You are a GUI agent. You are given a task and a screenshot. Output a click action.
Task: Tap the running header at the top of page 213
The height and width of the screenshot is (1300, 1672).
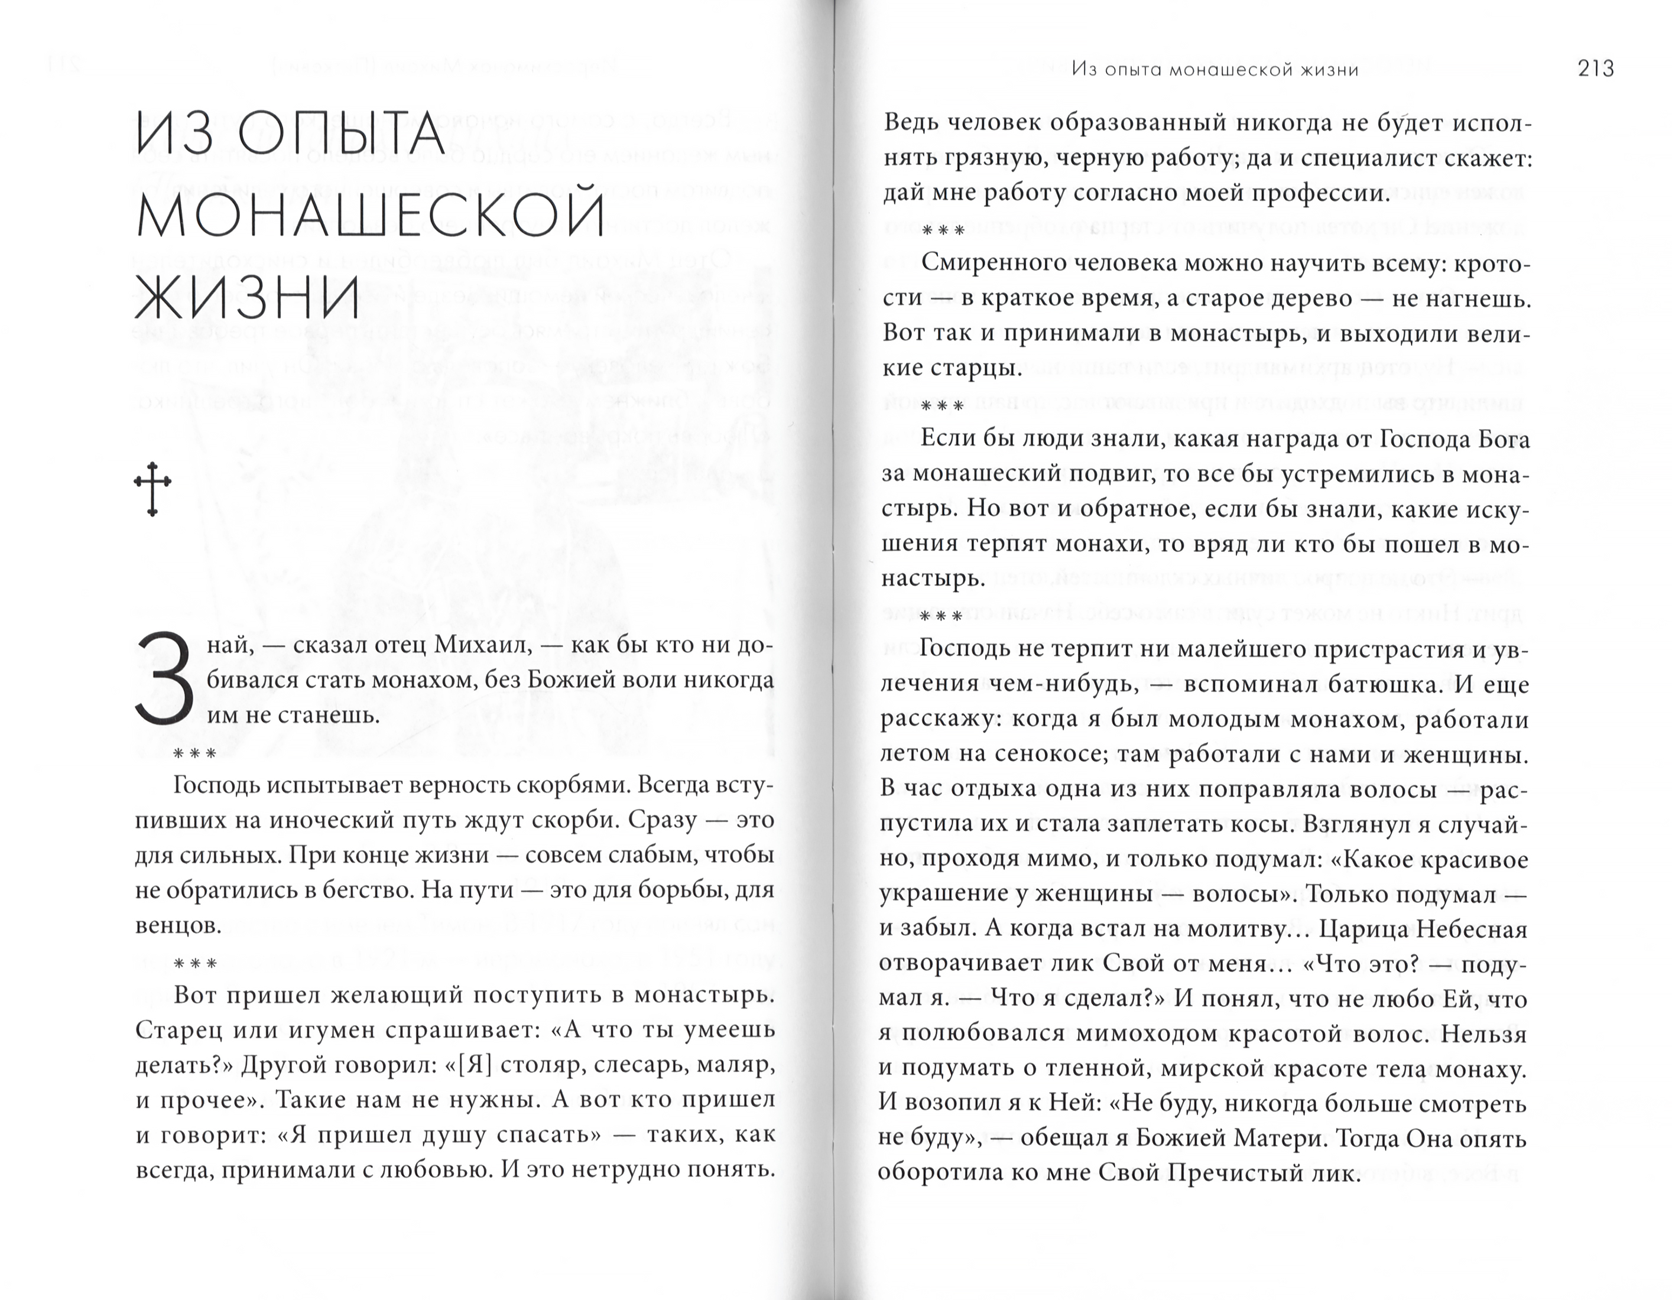click(x=1215, y=70)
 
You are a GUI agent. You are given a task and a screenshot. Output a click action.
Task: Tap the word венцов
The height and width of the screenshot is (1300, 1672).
click(x=178, y=925)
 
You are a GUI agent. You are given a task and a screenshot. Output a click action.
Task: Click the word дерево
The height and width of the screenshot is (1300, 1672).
click(x=1303, y=298)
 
